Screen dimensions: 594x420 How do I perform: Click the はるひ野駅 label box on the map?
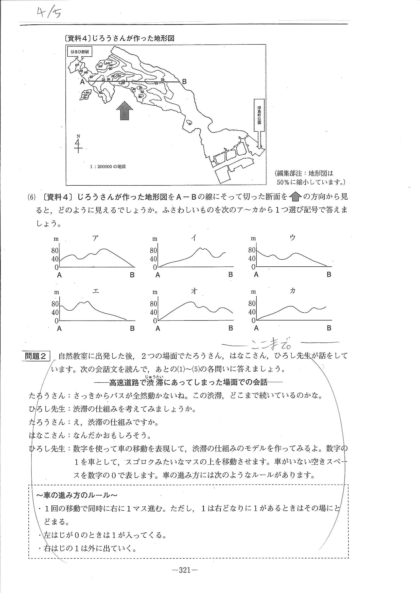point(80,52)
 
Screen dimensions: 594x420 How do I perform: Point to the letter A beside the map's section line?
point(82,82)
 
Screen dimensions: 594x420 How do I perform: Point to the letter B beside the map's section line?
point(184,82)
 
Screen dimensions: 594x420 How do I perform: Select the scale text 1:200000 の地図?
point(108,167)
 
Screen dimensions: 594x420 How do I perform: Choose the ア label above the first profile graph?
point(95,238)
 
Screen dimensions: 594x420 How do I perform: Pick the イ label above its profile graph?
point(194,238)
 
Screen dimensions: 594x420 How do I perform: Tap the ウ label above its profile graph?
point(292,238)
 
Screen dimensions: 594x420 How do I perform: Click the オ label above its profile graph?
point(194,291)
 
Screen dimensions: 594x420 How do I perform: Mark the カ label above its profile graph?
point(292,291)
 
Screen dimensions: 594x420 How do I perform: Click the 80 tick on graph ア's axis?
point(55,250)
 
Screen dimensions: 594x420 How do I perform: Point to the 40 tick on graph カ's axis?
point(252,312)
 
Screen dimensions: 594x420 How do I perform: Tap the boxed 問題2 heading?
point(36,356)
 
